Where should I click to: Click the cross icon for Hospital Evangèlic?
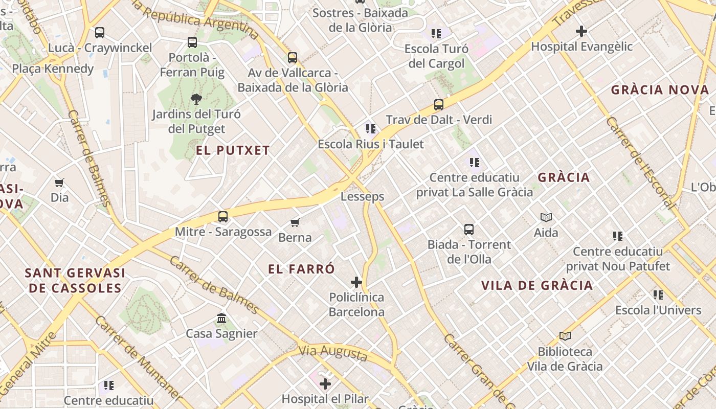tap(581, 32)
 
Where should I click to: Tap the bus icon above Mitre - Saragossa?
tap(223, 216)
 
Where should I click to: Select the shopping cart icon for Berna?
tap(295, 222)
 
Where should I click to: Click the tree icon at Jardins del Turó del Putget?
tap(196, 99)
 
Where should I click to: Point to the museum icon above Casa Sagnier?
tap(221, 319)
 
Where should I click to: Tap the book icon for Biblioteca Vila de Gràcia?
tap(565, 336)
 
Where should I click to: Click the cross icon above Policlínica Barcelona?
tap(356, 282)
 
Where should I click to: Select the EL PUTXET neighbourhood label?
tap(233, 150)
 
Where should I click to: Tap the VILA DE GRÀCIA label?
tap(537, 285)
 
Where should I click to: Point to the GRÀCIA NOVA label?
tap(660, 90)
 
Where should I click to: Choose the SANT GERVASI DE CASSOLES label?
tap(75, 280)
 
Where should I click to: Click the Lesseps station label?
tap(362, 196)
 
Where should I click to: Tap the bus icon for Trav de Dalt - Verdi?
tap(438, 105)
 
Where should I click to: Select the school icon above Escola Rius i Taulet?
tap(371, 129)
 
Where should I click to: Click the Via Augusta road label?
tap(333, 352)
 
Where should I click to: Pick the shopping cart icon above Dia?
tap(59, 183)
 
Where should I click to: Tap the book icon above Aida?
tap(546, 218)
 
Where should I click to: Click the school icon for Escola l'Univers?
tap(658, 295)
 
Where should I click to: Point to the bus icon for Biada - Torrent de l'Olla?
tap(469, 230)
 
